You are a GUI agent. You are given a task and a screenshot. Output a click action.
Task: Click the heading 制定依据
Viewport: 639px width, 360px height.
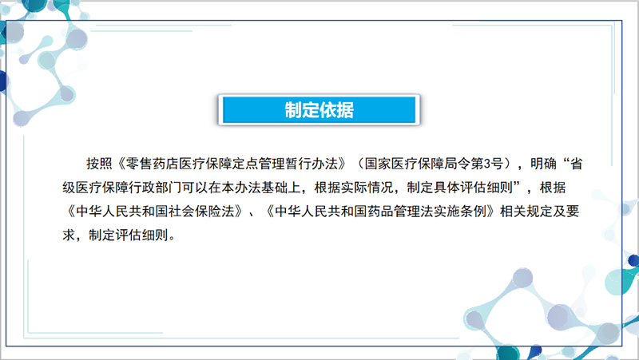pos(319,110)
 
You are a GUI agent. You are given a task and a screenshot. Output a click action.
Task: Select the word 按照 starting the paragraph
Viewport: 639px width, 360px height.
pos(99,164)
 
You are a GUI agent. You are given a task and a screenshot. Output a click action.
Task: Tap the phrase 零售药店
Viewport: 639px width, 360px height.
pos(152,164)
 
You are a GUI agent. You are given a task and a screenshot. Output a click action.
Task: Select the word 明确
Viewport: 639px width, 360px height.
pos(543,164)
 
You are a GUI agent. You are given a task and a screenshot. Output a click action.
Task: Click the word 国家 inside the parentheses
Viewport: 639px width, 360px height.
pos(378,164)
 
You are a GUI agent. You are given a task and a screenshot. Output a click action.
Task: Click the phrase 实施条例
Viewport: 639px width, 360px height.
pos(461,212)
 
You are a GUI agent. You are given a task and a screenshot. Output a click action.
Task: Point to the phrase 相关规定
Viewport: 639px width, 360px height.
pos(526,212)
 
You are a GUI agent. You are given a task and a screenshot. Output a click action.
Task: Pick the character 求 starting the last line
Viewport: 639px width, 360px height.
pos(69,235)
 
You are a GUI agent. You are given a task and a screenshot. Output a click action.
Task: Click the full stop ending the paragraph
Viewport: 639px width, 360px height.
pos(172,239)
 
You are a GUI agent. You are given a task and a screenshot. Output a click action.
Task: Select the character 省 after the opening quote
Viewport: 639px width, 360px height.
pos(576,164)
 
